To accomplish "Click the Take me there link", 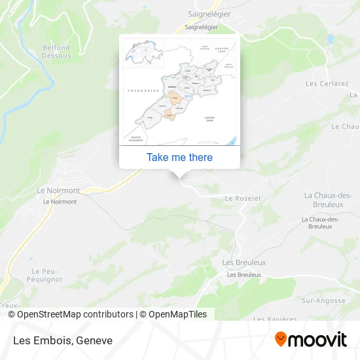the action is [179, 157].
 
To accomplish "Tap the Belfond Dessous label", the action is [56, 52].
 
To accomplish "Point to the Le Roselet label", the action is [243, 198].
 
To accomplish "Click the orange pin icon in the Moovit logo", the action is [281, 340].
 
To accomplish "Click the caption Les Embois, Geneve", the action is [62, 340].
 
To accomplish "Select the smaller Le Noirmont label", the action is [60, 202].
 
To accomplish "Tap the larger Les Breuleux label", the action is [244, 262].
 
